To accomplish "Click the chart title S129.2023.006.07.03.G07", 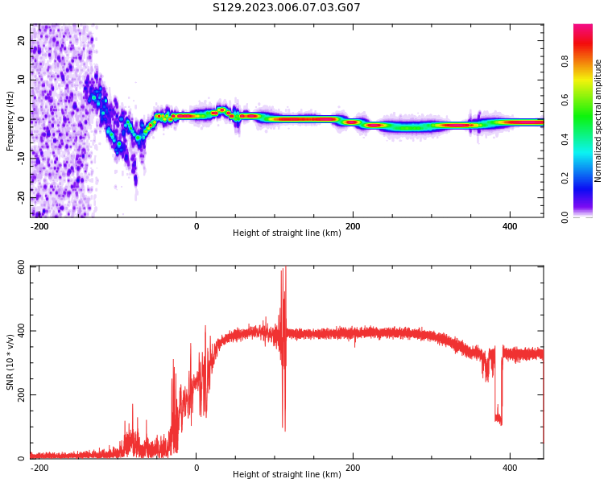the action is pyautogui.click(x=286, y=7).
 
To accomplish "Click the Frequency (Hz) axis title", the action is pyautogui.click(x=10, y=121).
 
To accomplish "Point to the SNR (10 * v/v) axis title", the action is pyautogui.click(x=10, y=362).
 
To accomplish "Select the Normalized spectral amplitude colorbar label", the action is pyautogui.click(x=598, y=121).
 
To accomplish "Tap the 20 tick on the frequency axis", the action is pyautogui.click(x=21, y=40).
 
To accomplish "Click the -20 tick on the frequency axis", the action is pyautogui.click(x=21, y=198).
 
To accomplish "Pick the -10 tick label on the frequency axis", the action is pyautogui.click(x=21, y=159).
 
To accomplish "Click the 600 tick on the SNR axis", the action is pyautogui.click(x=21, y=268).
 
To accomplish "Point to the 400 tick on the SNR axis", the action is pyautogui.click(x=21, y=331).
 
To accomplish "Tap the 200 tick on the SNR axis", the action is pyautogui.click(x=21, y=394).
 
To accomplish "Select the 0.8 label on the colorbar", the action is pyautogui.click(x=565, y=61).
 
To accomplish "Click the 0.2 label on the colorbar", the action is pyautogui.click(x=565, y=178).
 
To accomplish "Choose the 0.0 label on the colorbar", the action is pyautogui.click(x=565, y=217).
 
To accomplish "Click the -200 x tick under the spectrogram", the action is pyautogui.click(x=39, y=226).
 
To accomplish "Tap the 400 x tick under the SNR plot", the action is pyautogui.click(x=510, y=468).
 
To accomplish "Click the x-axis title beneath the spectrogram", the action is pyautogui.click(x=287, y=233).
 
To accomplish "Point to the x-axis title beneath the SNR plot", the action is pyautogui.click(x=287, y=474).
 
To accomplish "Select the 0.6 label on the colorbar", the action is pyautogui.click(x=565, y=100).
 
